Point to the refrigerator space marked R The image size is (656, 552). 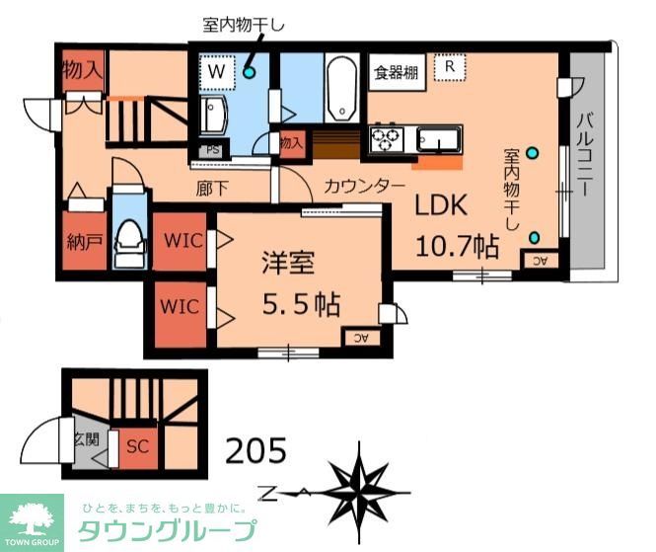click(449, 66)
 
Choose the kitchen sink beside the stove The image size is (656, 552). click(437, 136)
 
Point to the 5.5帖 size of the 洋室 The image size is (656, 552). click(300, 304)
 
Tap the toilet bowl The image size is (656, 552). click(128, 237)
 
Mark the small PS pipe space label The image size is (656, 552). click(212, 150)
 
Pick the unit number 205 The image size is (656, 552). click(255, 451)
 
